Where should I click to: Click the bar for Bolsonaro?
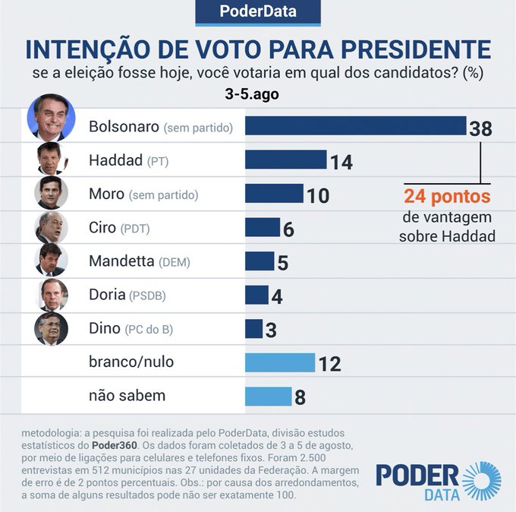(355, 125)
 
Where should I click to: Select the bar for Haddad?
(285, 160)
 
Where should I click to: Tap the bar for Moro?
(274, 194)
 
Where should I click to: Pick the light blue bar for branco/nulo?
(280, 362)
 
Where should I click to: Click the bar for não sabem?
(269, 396)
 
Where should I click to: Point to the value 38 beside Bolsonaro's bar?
(480, 128)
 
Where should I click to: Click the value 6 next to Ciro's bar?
(288, 229)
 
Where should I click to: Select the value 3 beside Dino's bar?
(271, 330)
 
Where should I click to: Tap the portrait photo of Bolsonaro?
(51, 119)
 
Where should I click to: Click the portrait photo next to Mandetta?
(52, 261)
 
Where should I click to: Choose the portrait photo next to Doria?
(52, 295)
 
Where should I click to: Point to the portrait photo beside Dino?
(52, 328)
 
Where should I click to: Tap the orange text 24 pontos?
(447, 197)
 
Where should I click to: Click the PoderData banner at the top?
(258, 12)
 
